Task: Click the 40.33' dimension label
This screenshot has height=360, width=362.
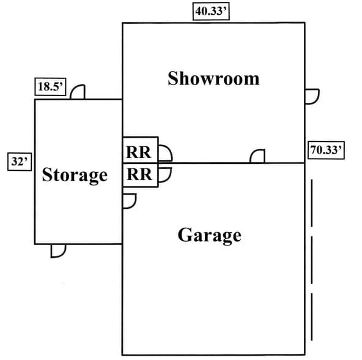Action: (211, 11)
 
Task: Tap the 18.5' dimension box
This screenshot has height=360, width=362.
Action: (50, 87)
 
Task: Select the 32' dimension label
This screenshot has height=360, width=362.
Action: (20, 162)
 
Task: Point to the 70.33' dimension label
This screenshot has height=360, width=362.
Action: (326, 150)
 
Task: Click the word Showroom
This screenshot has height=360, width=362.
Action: (213, 78)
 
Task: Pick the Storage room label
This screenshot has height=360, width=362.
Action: (75, 175)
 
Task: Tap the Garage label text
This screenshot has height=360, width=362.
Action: (209, 235)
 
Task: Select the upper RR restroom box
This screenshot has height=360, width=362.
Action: (141, 150)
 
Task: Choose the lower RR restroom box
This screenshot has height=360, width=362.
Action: (141, 175)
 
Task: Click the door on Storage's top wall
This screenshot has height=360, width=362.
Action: (78, 92)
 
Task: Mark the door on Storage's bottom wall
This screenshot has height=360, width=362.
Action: (58, 251)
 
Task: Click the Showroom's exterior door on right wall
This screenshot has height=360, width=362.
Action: (312, 96)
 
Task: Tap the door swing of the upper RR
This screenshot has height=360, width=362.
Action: (166, 153)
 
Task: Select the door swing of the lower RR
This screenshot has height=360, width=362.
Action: (165, 175)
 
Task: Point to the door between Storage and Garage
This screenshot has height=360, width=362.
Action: (129, 201)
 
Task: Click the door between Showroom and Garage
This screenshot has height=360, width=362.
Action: (257, 156)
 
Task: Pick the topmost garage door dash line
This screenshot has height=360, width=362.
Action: (312, 203)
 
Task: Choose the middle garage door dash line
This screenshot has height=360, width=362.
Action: (312, 260)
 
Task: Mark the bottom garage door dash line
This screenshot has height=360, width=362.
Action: (312, 317)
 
